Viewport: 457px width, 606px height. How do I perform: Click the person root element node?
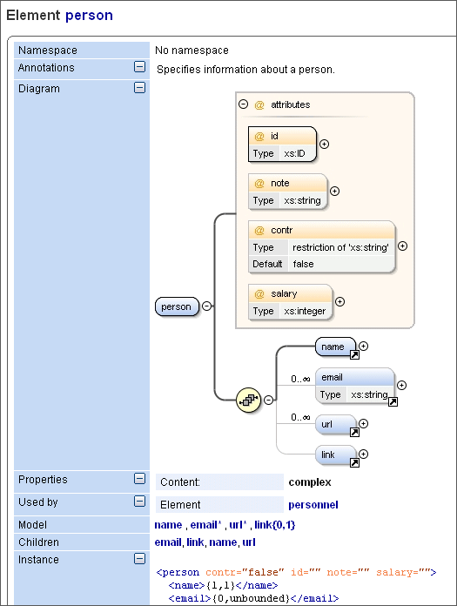177,306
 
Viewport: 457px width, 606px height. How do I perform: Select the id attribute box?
281,145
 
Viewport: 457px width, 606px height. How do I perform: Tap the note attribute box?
287,192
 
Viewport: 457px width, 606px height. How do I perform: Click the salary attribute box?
290,302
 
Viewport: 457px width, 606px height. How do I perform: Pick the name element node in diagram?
335,347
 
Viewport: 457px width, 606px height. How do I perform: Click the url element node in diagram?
335,425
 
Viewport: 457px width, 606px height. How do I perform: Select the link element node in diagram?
335,455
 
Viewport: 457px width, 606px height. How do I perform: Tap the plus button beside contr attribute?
402,246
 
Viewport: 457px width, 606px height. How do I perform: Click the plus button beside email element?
401,384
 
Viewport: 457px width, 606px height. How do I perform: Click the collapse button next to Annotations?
139,67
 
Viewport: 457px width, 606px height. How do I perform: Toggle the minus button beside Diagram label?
139,88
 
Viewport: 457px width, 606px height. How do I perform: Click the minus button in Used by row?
139,502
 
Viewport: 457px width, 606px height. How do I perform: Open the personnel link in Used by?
313,504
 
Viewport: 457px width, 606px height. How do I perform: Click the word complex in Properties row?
309,481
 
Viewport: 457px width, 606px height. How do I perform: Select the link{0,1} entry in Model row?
278,525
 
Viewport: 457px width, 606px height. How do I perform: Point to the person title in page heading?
89,16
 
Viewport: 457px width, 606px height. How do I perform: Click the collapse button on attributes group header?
243,104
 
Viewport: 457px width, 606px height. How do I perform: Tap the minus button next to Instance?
139,559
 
